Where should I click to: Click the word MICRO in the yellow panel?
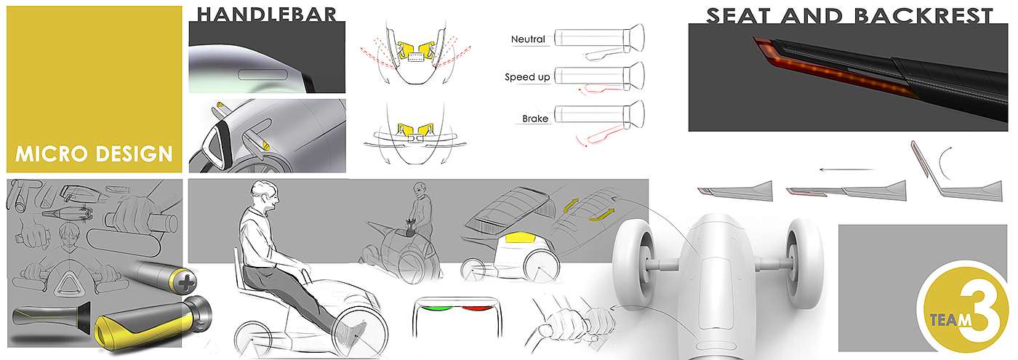click(x=52, y=154)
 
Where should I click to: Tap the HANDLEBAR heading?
click(x=267, y=15)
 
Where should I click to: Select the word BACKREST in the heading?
click(x=923, y=16)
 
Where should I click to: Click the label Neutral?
click(x=528, y=39)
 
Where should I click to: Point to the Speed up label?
click(x=527, y=77)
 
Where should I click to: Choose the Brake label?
click(x=535, y=119)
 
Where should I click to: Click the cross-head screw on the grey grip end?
click(x=186, y=284)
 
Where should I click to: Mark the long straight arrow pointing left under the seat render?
click(x=848, y=169)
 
